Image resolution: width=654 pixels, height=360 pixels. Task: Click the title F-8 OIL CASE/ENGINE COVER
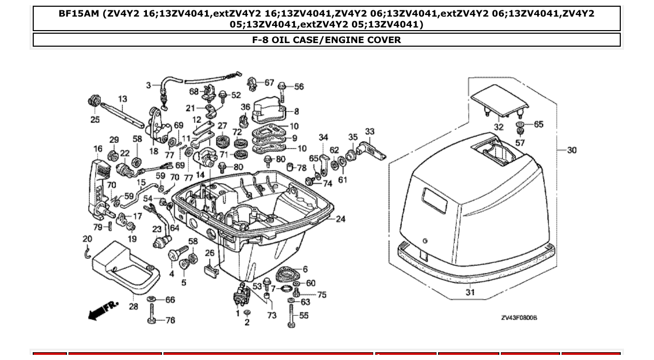(x=326, y=40)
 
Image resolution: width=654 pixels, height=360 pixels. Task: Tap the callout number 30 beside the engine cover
(x=571, y=150)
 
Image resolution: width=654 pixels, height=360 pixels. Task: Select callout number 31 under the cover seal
(x=470, y=293)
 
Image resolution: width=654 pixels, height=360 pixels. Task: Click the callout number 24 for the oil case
(x=340, y=219)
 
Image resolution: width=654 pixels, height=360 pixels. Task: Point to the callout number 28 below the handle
(x=133, y=307)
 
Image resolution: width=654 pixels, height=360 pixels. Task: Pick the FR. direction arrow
(x=103, y=310)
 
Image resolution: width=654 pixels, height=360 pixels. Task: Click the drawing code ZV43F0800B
(x=519, y=317)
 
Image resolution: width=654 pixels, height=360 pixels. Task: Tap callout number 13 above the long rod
(x=122, y=99)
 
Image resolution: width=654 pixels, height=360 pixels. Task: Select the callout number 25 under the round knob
(x=95, y=120)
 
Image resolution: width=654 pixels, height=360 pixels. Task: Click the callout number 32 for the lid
(x=498, y=127)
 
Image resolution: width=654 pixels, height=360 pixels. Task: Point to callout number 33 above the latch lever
(x=370, y=132)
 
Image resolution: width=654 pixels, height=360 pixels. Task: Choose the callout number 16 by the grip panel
(x=98, y=149)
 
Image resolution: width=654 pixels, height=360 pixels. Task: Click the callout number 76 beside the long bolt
(x=170, y=321)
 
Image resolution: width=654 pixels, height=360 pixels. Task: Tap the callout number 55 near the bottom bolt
(x=304, y=315)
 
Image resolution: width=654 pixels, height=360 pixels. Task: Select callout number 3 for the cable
(x=148, y=85)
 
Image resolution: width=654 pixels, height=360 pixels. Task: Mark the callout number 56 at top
(x=299, y=87)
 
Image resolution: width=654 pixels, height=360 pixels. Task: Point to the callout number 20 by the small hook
(x=87, y=239)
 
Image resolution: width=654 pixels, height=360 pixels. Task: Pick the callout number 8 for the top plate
(x=296, y=111)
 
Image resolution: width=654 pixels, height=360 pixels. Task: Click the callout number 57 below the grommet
(x=520, y=143)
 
